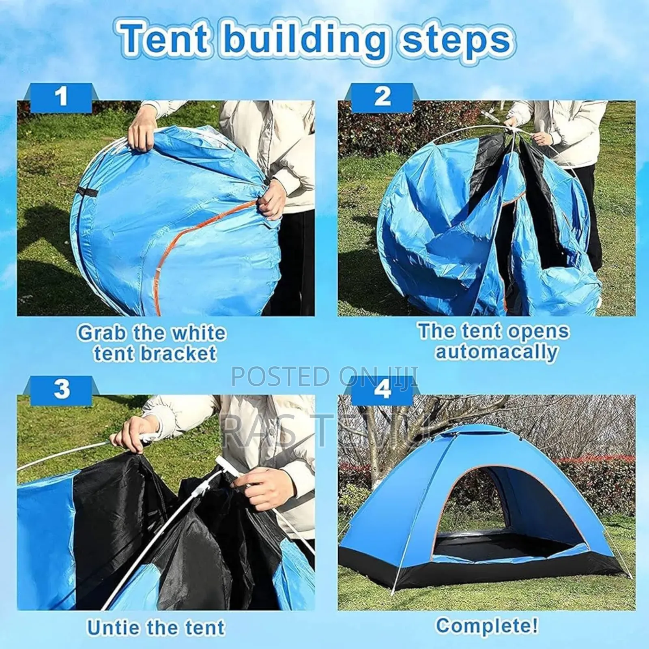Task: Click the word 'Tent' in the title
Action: pyautogui.click(x=164, y=39)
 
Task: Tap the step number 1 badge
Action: pyautogui.click(x=61, y=97)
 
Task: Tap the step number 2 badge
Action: pyautogui.click(x=382, y=97)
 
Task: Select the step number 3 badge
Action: pyautogui.click(x=61, y=389)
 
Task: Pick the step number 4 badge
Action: pyautogui.click(x=382, y=389)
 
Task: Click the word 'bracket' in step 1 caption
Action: pyautogui.click(x=177, y=354)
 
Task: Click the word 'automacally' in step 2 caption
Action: pyautogui.click(x=496, y=352)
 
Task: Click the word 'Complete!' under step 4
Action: pyautogui.click(x=487, y=625)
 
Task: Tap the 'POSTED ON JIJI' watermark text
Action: pyautogui.click(x=324, y=376)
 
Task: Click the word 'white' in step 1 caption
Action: pyautogui.click(x=198, y=333)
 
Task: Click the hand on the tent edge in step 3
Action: pyautogui.click(x=134, y=434)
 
